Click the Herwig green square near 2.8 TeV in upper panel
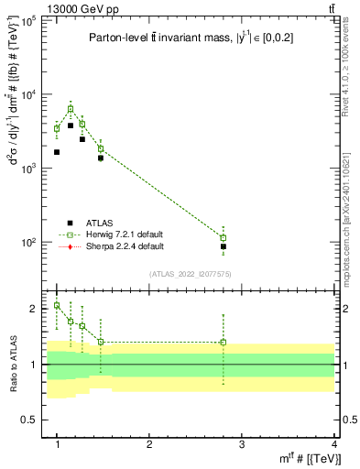click(x=224, y=238)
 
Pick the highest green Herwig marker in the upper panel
click(x=71, y=109)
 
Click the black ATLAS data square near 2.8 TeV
click(x=224, y=246)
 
